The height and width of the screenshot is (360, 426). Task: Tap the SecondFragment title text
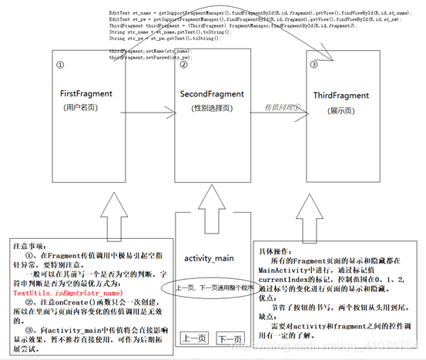211,93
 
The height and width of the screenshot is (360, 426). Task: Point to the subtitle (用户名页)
86,108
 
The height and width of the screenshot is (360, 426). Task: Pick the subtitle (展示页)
338,111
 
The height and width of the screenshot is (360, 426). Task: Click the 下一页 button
230,338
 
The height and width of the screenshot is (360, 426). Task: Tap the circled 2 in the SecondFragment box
183,64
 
